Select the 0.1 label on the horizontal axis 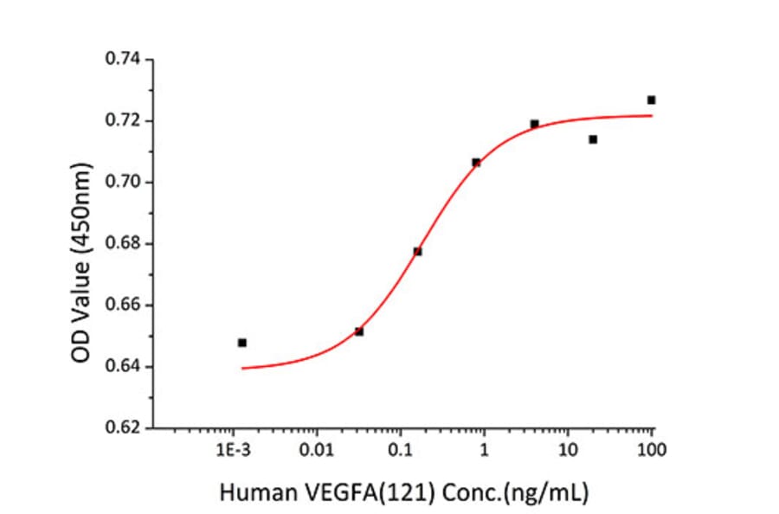[x=400, y=450]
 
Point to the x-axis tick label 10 [x=568, y=450]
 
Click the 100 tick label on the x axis [x=651, y=450]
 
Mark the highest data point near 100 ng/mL [x=651, y=100]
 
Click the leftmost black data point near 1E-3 [x=242, y=343]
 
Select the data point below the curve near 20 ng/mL [x=593, y=139]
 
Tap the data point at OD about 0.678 [x=417, y=252]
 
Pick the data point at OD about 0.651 [x=359, y=331]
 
